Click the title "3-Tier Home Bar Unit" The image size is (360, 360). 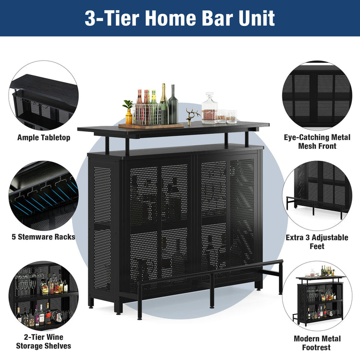tap(180, 18)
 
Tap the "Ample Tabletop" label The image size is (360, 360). tap(44, 138)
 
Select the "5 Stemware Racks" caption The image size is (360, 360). tap(44, 237)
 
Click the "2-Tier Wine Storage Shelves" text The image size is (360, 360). tap(44, 341)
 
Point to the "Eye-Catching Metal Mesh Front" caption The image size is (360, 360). tap(317, 142)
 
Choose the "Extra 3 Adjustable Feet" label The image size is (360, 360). tap(317, 241)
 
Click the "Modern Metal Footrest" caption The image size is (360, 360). tap(317, 343)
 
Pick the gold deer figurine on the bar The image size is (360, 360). tap(192, 116)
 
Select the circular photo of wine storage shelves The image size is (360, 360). tap(43, 294)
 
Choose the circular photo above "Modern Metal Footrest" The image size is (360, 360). tap(317, 295)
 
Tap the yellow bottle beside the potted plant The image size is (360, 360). tap(129, 117)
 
